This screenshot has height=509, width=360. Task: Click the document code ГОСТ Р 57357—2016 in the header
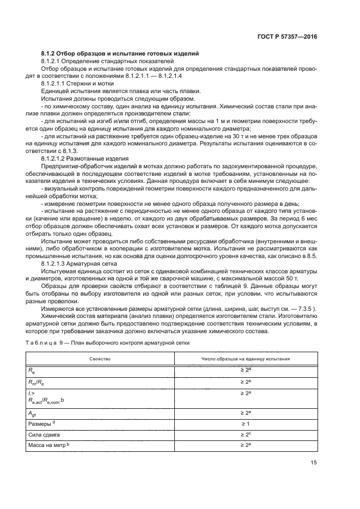[287, 36]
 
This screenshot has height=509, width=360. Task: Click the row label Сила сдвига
[44, 435]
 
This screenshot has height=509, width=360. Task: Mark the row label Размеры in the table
[40, 424]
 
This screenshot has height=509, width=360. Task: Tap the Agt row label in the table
[32, 413]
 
